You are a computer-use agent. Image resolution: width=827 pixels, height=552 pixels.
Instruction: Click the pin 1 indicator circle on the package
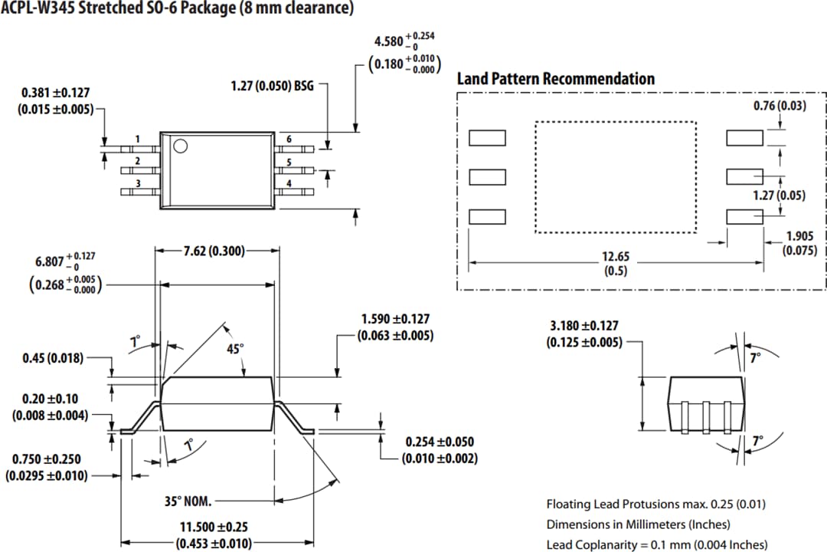coord(181,146)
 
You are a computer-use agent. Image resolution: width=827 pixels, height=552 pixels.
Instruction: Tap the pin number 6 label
coord(289,139)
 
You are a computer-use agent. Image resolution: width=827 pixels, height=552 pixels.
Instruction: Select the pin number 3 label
coord(137,183)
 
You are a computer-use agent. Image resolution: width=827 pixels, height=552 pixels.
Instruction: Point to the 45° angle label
coord(236,348)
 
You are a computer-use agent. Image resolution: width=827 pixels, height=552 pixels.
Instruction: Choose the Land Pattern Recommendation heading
coord(555,79)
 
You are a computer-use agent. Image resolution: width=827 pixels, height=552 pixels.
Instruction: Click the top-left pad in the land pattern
coord(487,138)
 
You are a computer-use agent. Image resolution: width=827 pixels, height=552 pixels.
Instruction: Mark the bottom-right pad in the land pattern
coord(744,217)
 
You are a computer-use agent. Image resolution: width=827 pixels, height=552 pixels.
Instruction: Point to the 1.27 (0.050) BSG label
coord(272,86)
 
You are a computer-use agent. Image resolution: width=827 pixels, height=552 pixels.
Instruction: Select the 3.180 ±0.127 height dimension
coord(583,327)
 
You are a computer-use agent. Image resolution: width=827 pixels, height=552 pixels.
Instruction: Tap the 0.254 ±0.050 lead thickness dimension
coord(440,442)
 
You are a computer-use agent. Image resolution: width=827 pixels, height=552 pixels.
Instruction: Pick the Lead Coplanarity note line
coord(656,544)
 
